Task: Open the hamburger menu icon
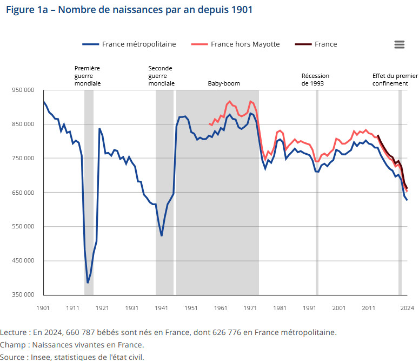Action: (x=399, y=44)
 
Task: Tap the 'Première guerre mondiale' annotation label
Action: (x=88, y=76)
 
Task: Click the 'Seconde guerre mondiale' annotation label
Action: (x=161, y=76)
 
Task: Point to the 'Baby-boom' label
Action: (x=224, y=84)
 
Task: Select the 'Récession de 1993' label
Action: (x=315, y=80)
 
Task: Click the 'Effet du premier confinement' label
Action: (x=395, y=80)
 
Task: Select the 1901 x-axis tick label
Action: (x=43, y=307)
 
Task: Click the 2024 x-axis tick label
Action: (x=407, y=307)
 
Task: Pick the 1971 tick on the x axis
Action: (x=250, y=307)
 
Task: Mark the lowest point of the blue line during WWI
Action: (x=88, y=283)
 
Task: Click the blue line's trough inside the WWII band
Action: (x=162, y=235)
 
